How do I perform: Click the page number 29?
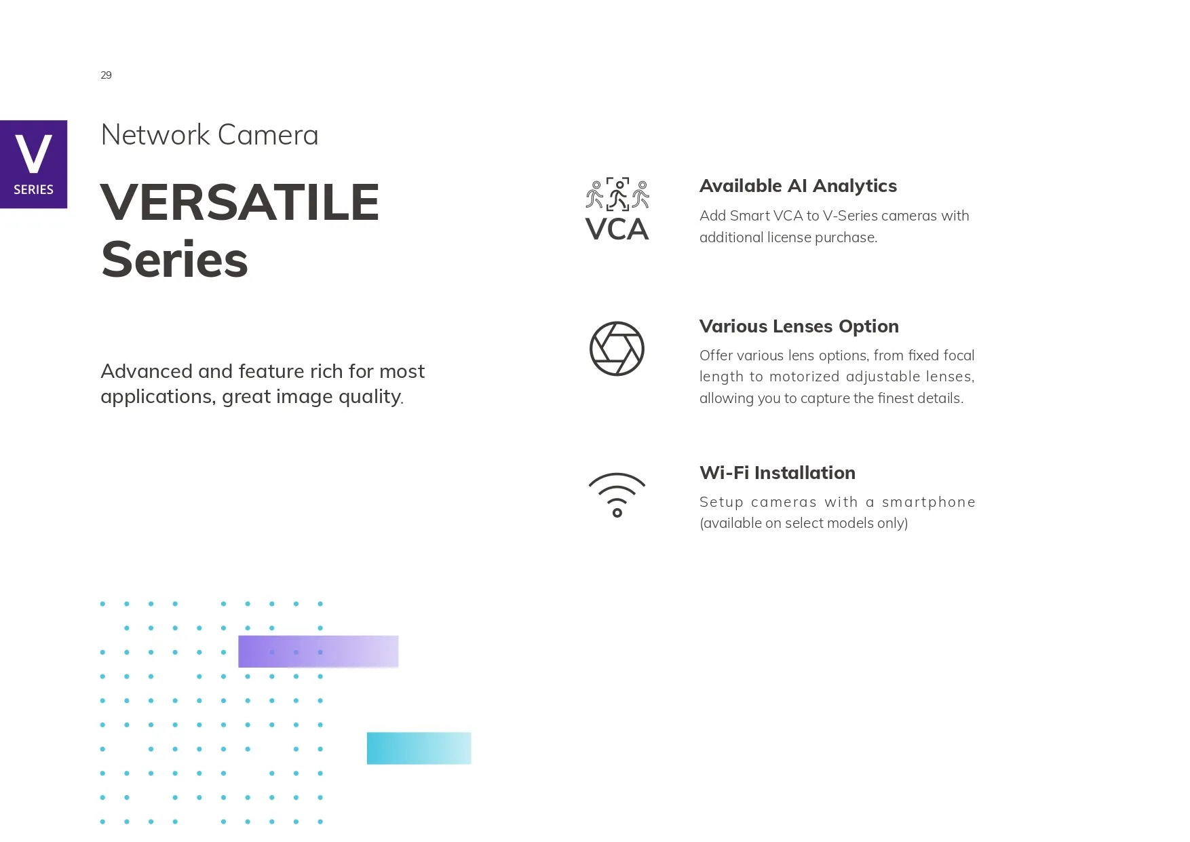click(x=106, y=75)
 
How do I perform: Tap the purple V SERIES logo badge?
click(x=33, y=164)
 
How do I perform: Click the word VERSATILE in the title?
click(x=239, y=202)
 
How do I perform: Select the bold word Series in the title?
click(x=174, y=260)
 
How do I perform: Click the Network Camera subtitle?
click(x=210, y=135)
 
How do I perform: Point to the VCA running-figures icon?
click(x=617, y=209)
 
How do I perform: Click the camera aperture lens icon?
click(x=617, y=349)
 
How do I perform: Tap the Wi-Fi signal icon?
click(x=617, y=495)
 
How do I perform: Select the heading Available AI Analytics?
click(x=798, y=186)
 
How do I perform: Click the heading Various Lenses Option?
click(x=799, y=326)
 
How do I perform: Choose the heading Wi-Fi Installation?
click(x=778, y=473)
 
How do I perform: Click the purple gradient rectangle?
click(x=318, y=651)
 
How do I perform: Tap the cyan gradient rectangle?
click(x=419, y=748)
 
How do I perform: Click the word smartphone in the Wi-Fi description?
click(x=928, y=502)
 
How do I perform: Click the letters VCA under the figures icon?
click(x=617, y=229)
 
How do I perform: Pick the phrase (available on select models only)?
click(x=803, y=523)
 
